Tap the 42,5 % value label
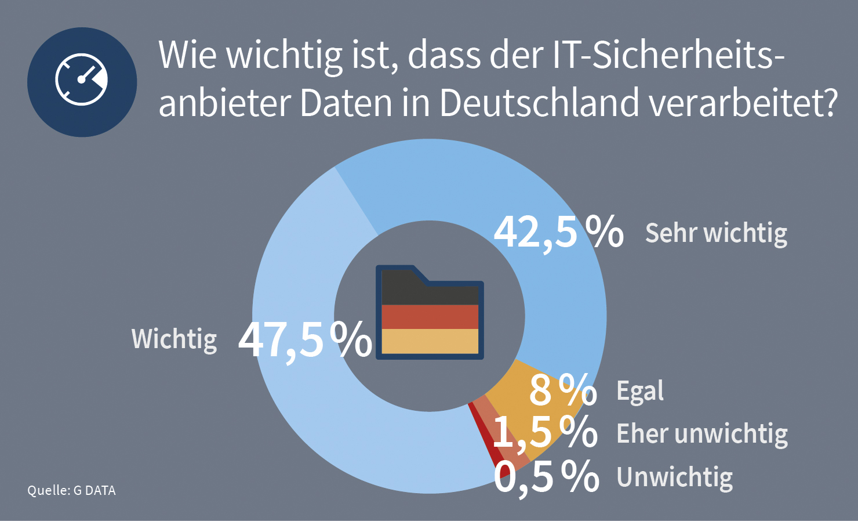click(558, 232)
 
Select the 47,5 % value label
click(305, 339)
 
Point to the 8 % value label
click(562, 390)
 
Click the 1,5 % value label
click(545, 432)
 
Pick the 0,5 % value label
click(546, 477)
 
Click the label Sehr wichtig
click(716, 233)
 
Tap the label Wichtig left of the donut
click(174, 339)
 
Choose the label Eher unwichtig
click(702, 434)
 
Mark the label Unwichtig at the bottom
click(675, 477)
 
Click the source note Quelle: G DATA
click(71, 490)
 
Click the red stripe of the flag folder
click(430, 317)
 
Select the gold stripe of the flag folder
click(430, 341)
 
